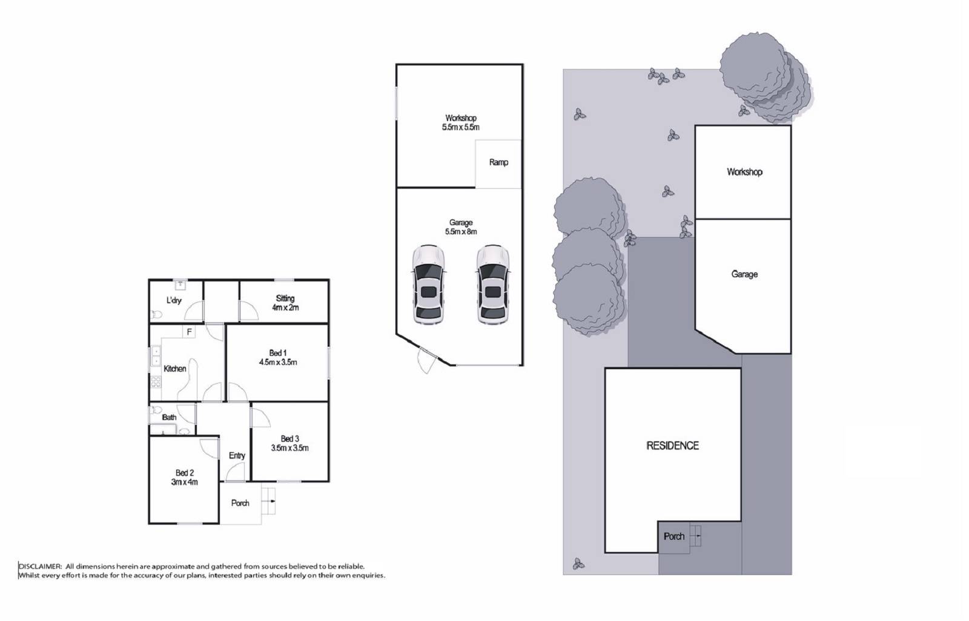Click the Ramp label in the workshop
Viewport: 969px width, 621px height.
[498, 162]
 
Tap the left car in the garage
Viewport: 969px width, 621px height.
[428, 284]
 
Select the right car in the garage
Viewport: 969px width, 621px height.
[492, 284]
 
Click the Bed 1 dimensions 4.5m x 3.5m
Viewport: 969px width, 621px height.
[278, 363]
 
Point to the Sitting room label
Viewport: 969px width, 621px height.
[285, 298]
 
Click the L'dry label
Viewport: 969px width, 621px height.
[174, 300]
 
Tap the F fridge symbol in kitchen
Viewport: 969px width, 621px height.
[189, 332]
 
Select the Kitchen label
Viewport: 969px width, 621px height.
[174, 369]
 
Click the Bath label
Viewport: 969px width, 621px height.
[169, 417]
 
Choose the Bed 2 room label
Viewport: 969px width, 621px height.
[185, 473]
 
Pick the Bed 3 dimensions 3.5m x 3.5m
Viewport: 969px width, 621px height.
[289, 448]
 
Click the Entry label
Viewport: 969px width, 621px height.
[237, 456]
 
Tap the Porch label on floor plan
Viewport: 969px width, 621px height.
[240, 503]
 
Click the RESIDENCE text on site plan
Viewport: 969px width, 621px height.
[672, 446]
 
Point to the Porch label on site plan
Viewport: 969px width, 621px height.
[673, 537]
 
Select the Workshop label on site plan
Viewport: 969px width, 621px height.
[744, 172]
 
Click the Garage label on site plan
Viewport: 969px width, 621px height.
[744, 274]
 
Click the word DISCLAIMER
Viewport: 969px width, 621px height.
[40, 567]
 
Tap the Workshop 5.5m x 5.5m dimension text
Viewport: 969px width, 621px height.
[461, 128]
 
